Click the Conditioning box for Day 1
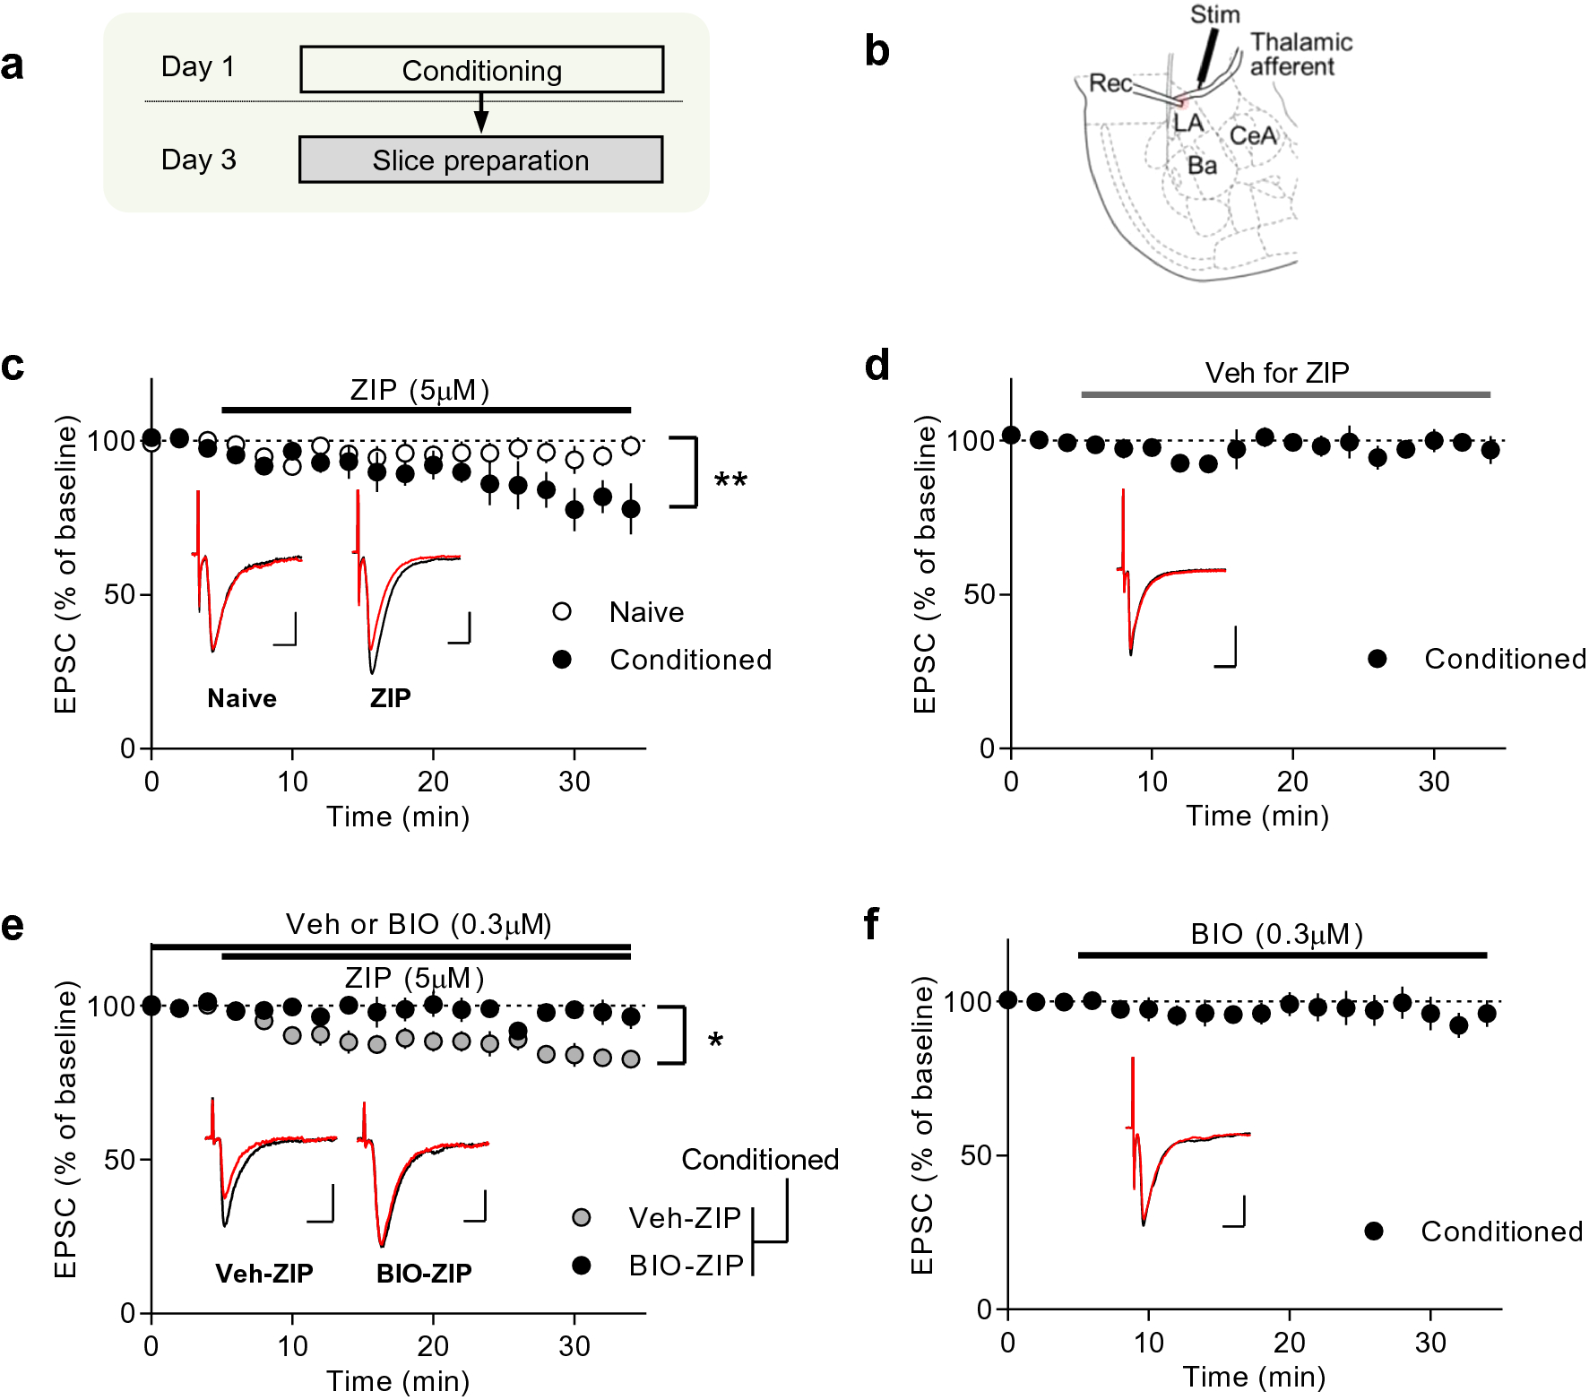[x=481, y=70]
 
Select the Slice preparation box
[x=480, y=160]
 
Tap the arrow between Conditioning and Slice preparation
[x=481, y=114]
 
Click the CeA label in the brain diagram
[x=1252, y=135]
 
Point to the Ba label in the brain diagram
[x=1202, y=166]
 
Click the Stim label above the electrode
[x=1214, y=14]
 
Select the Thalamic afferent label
[x=1300, y=55]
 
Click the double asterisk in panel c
[x=730, y=481]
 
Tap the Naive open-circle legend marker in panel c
[x=562, y=612]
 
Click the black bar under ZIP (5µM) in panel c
[x=426, y=410]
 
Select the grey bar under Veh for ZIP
[x=1285, y=394]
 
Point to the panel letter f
[x=871, y=923]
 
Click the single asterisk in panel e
[x=715, y=1041]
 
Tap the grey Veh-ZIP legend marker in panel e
[x=581, y=1217]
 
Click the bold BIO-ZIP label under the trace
[x=424, y=1273]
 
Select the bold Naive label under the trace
[x=242, y=698]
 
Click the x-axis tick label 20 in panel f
[x=1289, y=1343]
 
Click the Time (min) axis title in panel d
[x=1257, y=816]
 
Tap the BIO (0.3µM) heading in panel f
[x=1276, y=935]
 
